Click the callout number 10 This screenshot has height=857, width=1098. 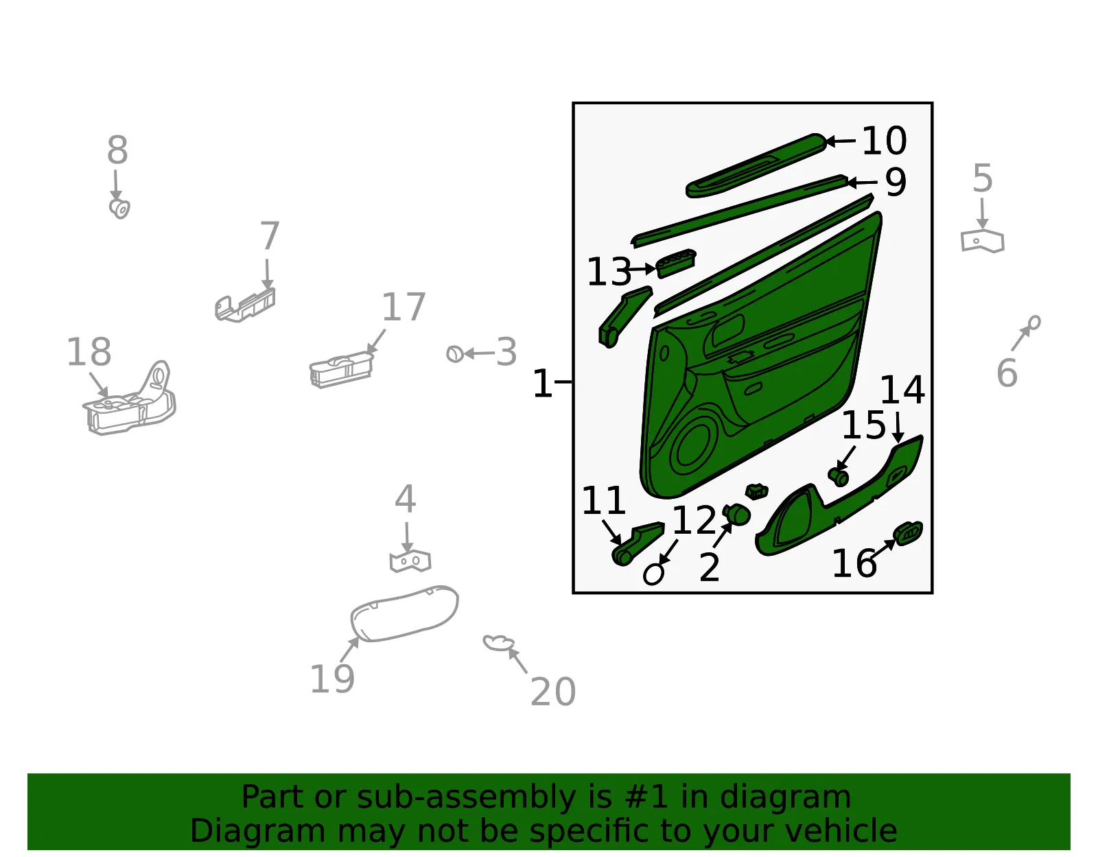click(x=884, y=141)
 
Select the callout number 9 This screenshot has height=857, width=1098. click(x=896, y=182)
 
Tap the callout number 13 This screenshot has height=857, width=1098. click(x=609, y=272)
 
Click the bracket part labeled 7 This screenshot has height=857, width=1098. click(x=245, y=305)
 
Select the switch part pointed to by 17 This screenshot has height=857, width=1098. click(x=341, y=370)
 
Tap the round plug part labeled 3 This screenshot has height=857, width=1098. click(x=455, y=353)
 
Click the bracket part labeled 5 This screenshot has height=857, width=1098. click(x=982, y=242)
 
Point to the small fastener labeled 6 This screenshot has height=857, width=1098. click(x=1033, y=322)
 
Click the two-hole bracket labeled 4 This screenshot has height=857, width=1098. click(x=410, y=561)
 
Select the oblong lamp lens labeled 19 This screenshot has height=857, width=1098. click(x=404, y=613)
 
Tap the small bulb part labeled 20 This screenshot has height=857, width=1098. click(x=498, y=642)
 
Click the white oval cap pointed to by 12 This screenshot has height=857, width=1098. click(x=653, y=575)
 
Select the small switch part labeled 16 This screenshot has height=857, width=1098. click(x=907, y=532)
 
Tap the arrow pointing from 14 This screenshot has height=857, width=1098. click(x=898, y=427)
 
